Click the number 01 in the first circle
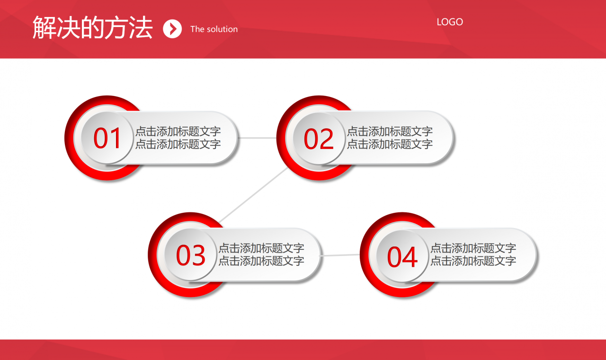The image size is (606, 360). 108,139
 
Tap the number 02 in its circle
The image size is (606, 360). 319,140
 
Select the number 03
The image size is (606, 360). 190,255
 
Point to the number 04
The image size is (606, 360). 402,257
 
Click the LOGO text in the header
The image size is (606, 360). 449,22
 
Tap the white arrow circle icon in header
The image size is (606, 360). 172,29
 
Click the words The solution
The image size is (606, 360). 214,29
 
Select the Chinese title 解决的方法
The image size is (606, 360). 92,27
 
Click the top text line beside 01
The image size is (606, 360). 178,132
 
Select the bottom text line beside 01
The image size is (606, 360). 178,144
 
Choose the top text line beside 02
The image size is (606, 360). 390,132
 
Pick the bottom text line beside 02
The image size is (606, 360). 390,144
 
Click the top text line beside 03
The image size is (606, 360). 261,248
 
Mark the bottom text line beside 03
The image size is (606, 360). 261,261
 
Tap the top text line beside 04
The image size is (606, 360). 473,248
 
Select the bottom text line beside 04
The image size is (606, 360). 473,261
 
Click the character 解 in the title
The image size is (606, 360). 44,27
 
